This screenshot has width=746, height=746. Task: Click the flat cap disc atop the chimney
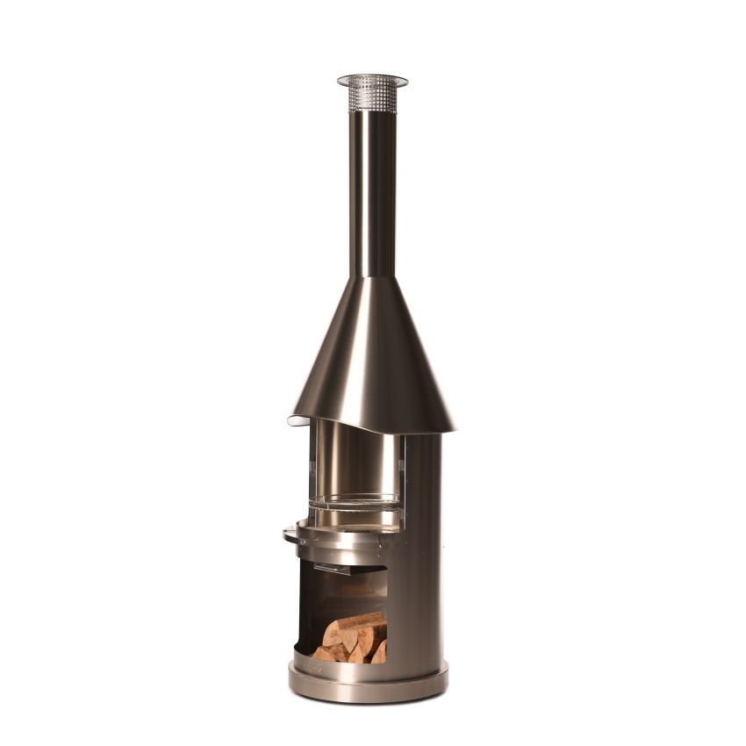tap(372, 80)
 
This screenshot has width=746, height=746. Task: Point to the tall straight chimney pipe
tap(372, 193)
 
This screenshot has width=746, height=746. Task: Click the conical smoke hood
tap(372, 360)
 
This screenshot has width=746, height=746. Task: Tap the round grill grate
tap(354, 502)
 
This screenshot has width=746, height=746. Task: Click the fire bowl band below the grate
tap(342, 548)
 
